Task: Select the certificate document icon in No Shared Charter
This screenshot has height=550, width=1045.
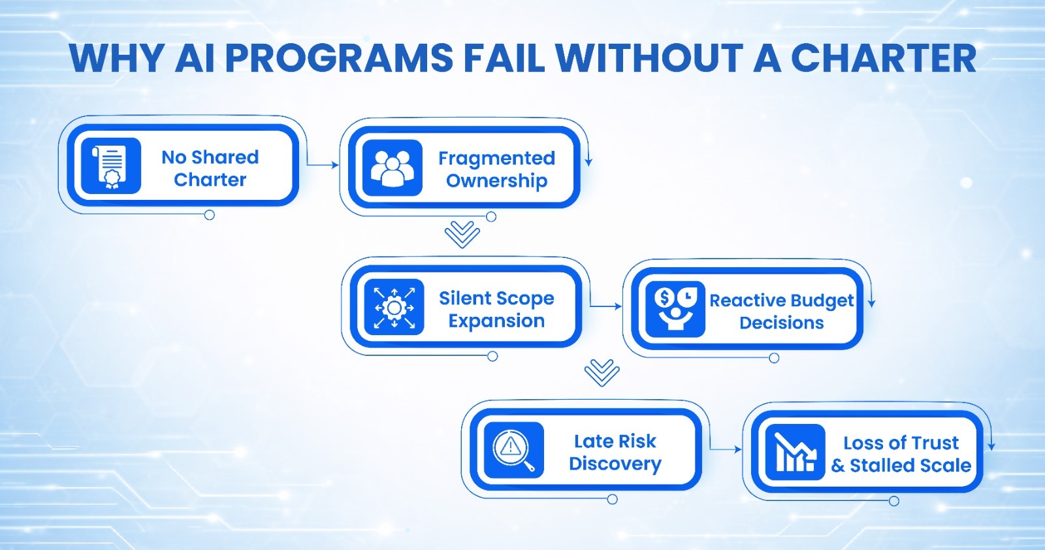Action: (111, 166)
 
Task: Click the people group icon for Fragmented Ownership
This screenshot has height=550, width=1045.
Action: (392, 168)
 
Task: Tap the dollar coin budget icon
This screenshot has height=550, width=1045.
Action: (675, 309)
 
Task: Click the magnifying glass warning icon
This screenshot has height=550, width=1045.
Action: (514, 450)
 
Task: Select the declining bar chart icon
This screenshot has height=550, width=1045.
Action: (795, 452)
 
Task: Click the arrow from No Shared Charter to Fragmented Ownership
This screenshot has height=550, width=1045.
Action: (323, 165)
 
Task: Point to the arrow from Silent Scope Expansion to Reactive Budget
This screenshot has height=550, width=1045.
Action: (605, 306)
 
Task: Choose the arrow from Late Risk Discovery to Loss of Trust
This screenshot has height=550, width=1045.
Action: (726, 449)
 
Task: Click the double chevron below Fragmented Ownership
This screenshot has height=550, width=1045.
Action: (462, 235)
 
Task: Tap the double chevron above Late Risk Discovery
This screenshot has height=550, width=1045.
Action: (602, 373)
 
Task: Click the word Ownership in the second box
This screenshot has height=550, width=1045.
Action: (496, 181)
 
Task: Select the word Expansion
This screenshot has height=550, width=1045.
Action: (496, 321)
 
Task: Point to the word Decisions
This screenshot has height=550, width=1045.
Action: (781, 323)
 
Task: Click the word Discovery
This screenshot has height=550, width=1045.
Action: (615, 464)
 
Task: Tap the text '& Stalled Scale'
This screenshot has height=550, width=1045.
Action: (901, 466)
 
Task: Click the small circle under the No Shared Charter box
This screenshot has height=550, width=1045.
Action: (210, 215)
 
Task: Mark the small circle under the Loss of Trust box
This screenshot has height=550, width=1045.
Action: (894, 501)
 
